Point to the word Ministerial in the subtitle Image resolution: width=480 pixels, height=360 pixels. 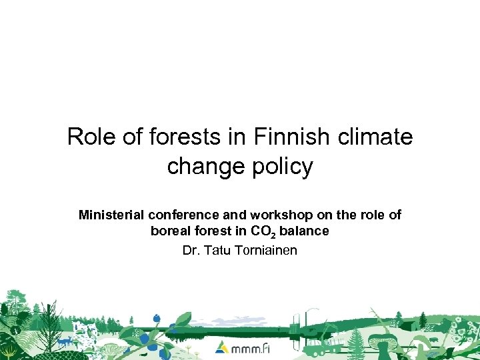click(x=111, y=215)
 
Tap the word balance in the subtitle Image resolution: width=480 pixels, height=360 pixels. click(x=304, y=232)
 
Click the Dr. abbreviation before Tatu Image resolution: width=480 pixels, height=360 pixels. click(x=191, y=251)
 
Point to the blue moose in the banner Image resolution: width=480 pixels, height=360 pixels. click(x=65, y=341)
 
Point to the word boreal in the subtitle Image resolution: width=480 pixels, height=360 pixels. click(x=171, y=232)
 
